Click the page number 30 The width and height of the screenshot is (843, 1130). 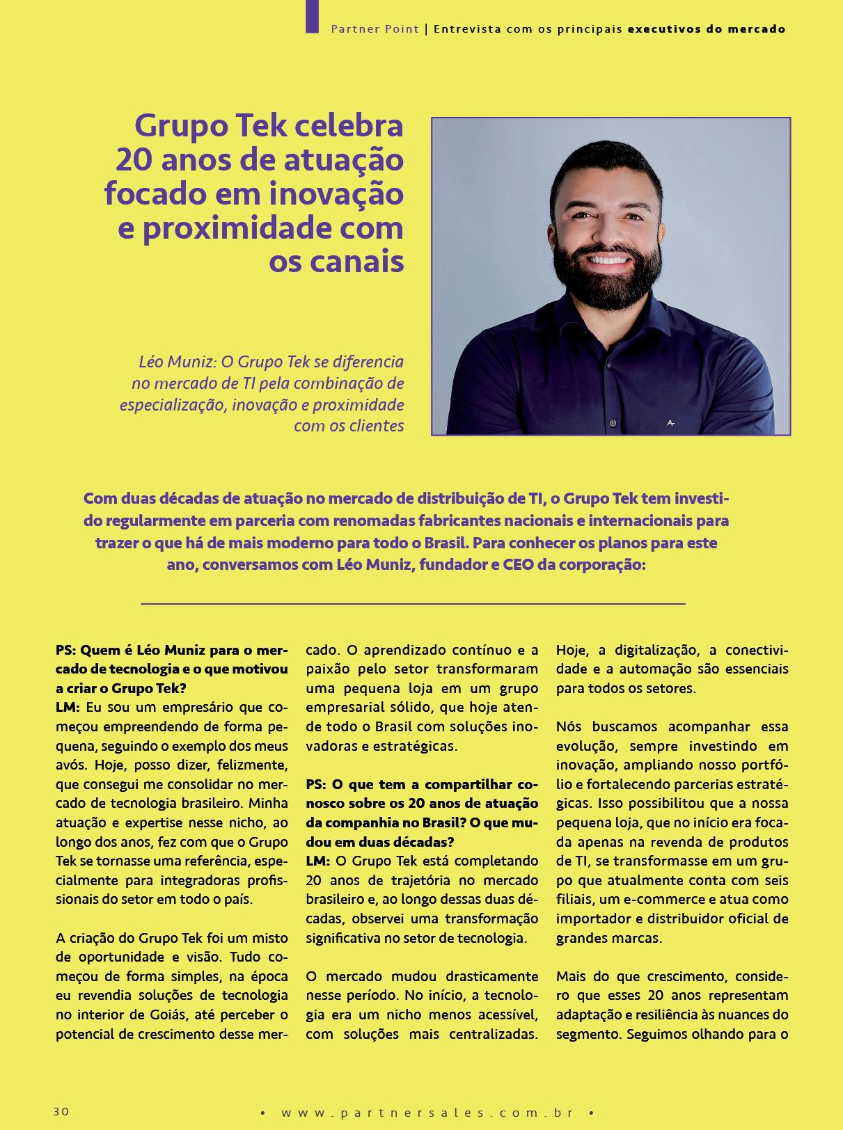click(x=61, y=1111)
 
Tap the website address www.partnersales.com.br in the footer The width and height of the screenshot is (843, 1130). click(x=427, y=1113)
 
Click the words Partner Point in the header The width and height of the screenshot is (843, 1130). click(x=375, y=29)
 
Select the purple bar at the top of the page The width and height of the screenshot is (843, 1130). click(x=312, y=16)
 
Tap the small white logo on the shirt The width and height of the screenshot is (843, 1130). click(x=671, y=422)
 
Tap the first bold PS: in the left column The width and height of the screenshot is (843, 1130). click(x=65, y=651)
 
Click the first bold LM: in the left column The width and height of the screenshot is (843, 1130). click(x=68, y=708)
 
